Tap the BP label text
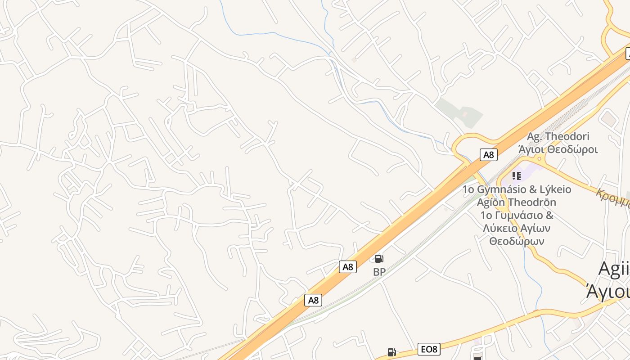tap(379, 272)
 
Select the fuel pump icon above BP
tap(379, 259)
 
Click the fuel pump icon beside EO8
tap(392, 352)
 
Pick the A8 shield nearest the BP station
tap(348, 267)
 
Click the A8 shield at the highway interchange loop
tap(488, 155)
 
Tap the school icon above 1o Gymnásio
tap(516, 175)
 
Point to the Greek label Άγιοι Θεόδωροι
tap(558, 149)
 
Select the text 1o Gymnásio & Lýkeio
tap(517, 189)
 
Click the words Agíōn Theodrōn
tap(517, 202)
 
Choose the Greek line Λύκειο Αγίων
tap(517, 228)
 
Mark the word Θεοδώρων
tap(517, 241)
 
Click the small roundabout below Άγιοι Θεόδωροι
tap(539, 159)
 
